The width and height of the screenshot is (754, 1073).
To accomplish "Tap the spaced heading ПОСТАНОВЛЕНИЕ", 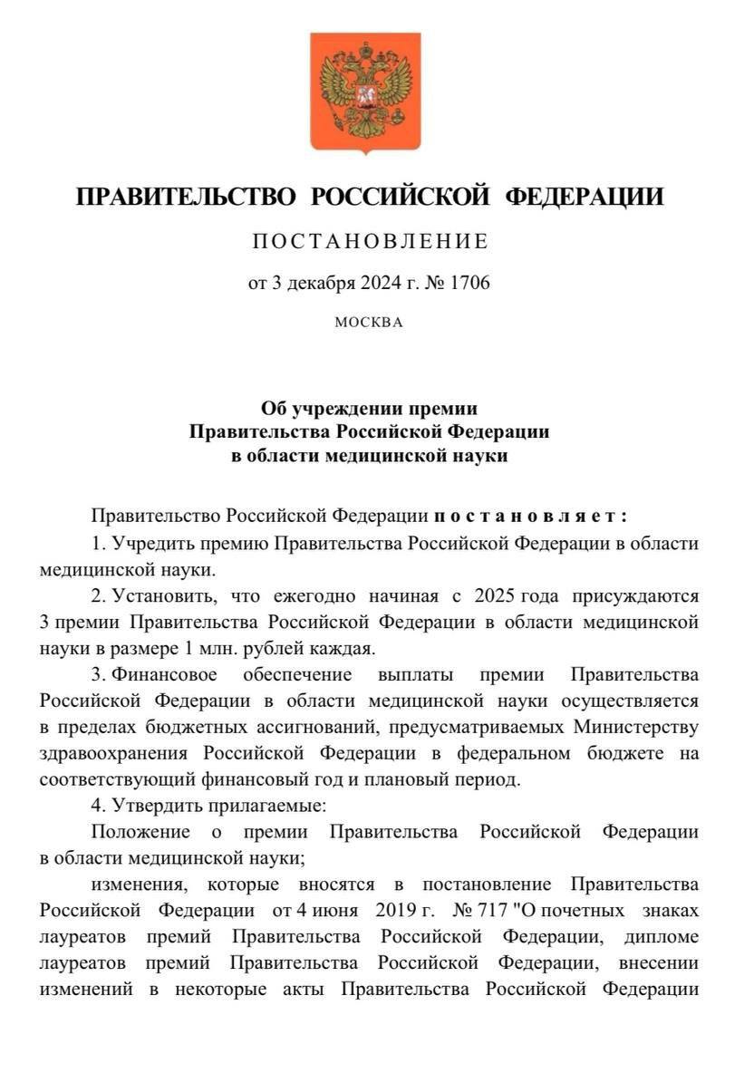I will pos(370,241).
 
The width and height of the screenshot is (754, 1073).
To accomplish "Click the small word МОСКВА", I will pos(369,322).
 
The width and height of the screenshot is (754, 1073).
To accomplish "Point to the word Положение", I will pos(140,832).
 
